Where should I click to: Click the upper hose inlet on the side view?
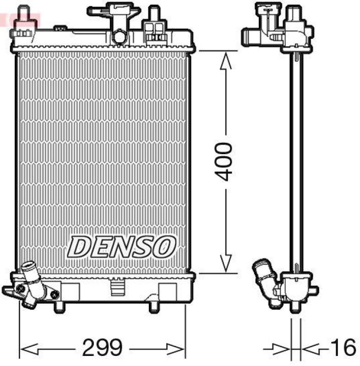point(251,35)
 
